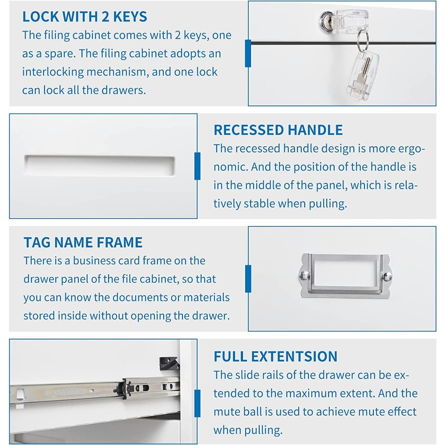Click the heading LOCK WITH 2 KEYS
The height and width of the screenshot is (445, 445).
click(x=85, y=16)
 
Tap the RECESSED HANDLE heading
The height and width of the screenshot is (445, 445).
click(x=278, y=130)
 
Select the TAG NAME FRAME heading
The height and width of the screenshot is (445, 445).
click(x=83, y=243)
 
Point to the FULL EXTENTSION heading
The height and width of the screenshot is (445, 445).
click(x=275, y=356)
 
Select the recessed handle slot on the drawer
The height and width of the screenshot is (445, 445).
click(x=99, y=166)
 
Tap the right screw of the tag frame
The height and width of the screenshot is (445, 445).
click(x=387, y=276)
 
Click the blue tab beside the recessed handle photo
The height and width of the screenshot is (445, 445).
click(x=198, y=166)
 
